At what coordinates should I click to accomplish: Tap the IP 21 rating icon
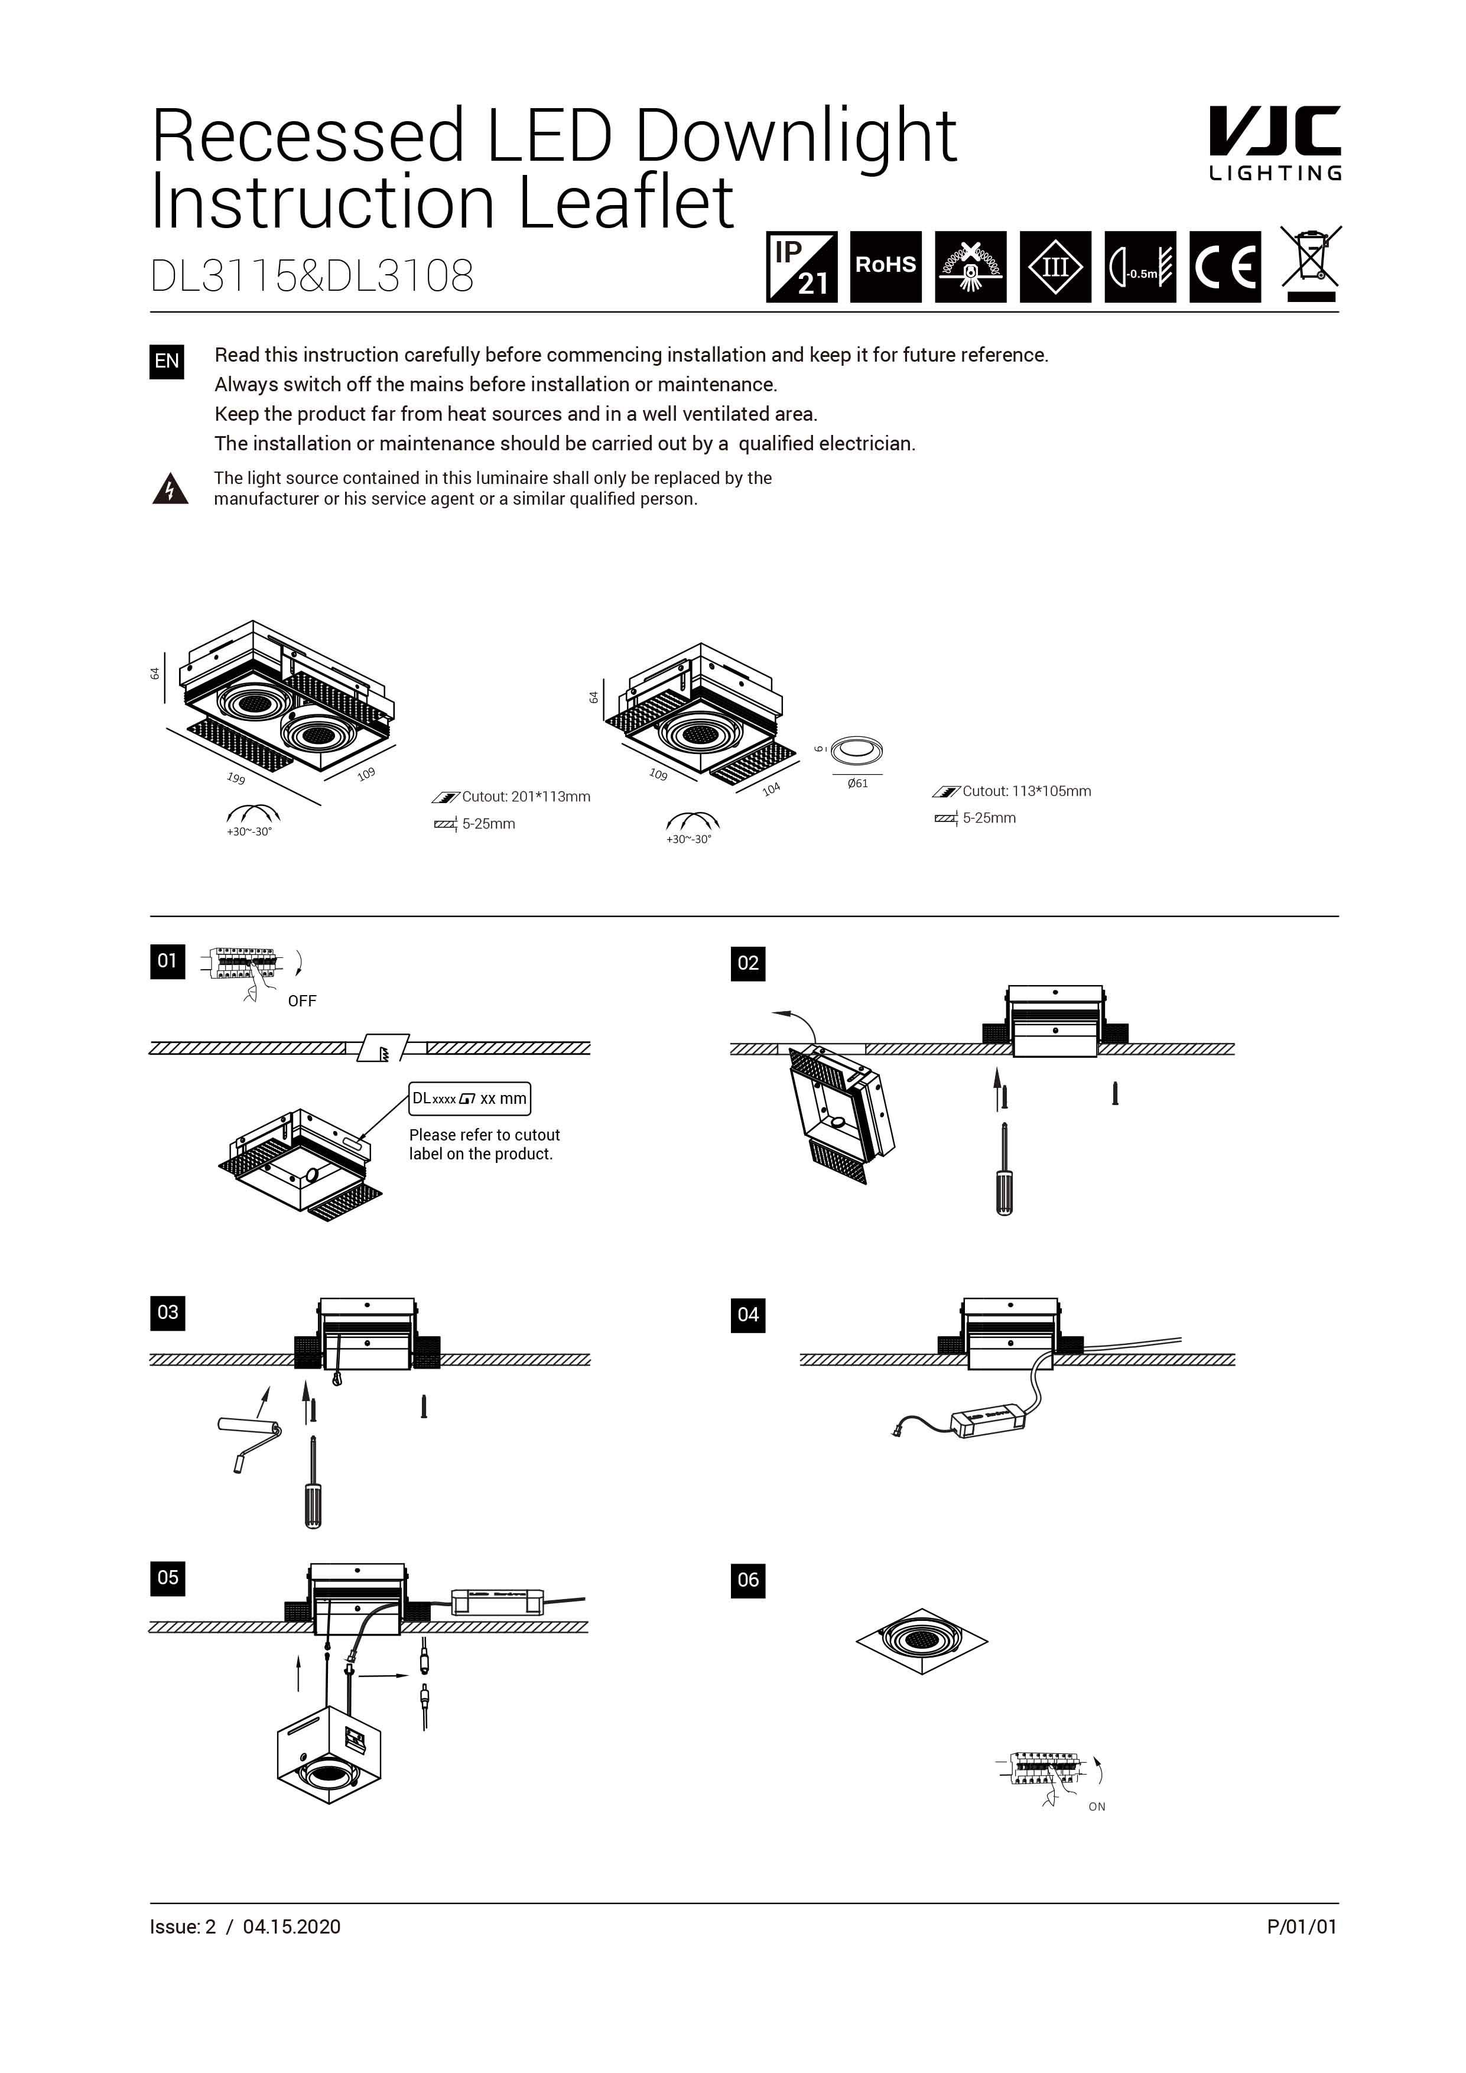tap(802, 267)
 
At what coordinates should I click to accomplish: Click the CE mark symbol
tap(1224, 267)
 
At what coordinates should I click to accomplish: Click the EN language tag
tap(167, 361)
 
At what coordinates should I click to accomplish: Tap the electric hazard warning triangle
tap(170, 489)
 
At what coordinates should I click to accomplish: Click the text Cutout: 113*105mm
tap(1026, 791)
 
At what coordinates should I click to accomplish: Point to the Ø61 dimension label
tap(857, 783)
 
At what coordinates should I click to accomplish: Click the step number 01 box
tap(167, 961)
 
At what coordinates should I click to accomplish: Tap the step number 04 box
tap(747, 1315)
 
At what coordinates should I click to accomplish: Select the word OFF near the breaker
tap(301, 1000)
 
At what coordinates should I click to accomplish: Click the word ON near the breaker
tap(1096, 1806)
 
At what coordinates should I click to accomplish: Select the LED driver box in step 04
tap(989, 1423)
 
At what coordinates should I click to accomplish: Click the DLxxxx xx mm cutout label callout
tap(469, 1099)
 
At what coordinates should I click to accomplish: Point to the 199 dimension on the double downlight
tap(236, 778)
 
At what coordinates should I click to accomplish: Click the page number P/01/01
tap(1301, 1926)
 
